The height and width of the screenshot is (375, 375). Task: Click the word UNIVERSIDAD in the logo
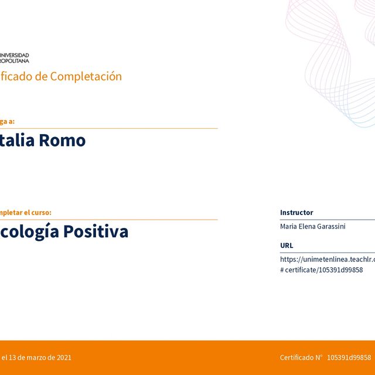point(15,55)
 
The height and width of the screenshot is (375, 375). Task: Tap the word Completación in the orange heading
point(86,76)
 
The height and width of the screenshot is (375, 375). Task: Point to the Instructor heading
point(296,213)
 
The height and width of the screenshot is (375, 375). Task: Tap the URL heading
point(287,246)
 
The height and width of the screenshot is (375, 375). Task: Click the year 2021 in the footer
point(64,357)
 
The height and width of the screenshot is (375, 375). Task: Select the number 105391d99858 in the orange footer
point(349,357)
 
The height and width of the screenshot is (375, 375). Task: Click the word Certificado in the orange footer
point(297,357)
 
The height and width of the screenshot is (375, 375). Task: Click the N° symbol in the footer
point(319,357)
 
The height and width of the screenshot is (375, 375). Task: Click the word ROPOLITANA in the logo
point(15,60)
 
